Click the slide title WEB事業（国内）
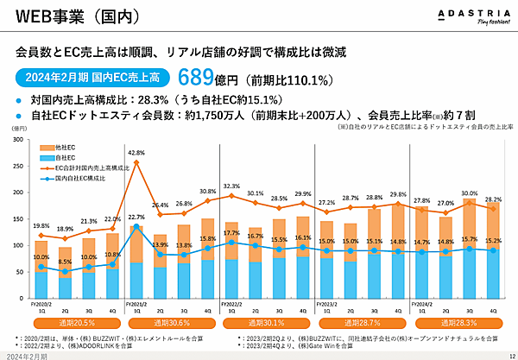point(62,17)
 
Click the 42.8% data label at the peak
point(136,152)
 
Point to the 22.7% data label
point(136,217)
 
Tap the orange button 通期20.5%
point(77,320)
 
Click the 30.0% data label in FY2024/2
point(470,193)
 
